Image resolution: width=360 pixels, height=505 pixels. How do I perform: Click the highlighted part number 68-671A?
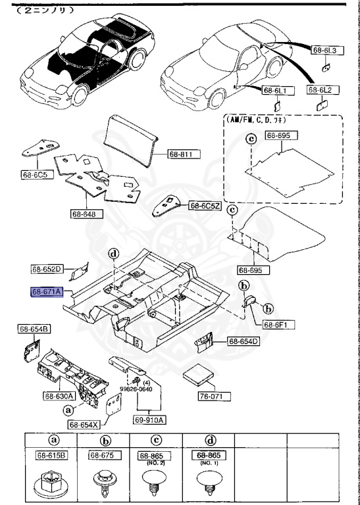47,291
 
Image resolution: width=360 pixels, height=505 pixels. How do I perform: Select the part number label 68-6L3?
324,50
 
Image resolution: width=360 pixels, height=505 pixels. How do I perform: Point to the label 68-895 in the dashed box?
281,135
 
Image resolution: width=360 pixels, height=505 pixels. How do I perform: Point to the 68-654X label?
84,424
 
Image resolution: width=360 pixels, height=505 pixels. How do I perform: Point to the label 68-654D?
244,341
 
